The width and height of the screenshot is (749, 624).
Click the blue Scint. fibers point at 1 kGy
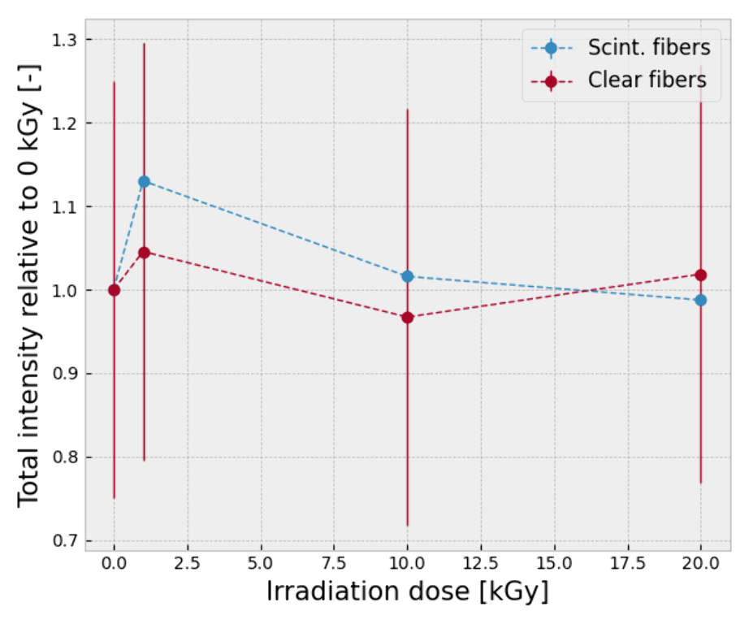coord(144,181)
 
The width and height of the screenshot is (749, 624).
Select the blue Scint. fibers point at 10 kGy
coord(408,276)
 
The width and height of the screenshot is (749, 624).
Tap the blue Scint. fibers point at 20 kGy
coord(701,300)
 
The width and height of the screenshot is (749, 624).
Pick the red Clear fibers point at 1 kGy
coord(144,253)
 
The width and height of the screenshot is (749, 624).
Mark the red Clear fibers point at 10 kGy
coord(408,317)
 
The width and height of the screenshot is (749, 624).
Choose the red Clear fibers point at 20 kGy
coord(701,275)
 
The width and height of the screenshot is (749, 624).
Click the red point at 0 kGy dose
coord(114,290)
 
